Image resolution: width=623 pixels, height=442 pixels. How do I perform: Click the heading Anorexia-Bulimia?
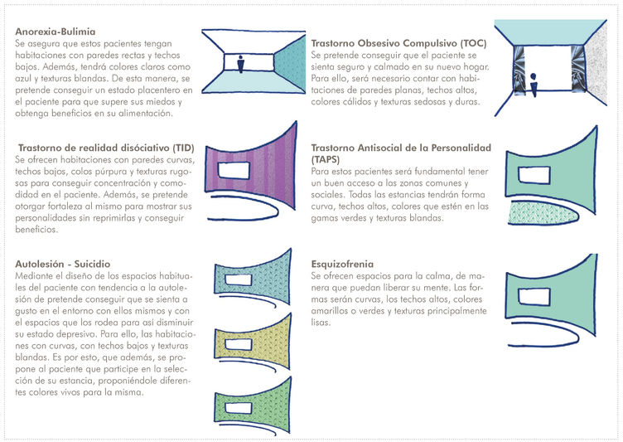56,32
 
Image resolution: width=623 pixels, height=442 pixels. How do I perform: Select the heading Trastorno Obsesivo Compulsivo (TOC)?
399,43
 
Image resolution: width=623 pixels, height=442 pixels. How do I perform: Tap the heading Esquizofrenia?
342,264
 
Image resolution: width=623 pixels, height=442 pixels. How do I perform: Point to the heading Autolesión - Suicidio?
63,264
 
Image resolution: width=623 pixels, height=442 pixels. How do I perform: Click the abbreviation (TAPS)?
326,159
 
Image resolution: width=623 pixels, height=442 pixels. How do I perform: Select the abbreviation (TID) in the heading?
183,148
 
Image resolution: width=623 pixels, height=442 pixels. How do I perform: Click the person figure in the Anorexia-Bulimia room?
240,64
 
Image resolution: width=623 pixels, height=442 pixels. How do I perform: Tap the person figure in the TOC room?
534,85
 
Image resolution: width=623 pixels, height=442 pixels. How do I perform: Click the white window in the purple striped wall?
234,170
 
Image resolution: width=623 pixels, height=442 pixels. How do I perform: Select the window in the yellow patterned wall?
239,344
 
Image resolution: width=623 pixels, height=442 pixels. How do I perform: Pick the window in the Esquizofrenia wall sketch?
534,297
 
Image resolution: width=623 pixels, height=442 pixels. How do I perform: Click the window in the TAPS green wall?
534,175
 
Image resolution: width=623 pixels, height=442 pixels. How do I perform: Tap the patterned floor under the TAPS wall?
543,213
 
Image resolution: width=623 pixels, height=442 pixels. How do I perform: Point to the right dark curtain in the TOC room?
578,69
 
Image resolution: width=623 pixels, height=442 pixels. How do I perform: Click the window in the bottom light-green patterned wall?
239,408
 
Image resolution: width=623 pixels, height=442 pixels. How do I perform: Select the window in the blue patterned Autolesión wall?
239,279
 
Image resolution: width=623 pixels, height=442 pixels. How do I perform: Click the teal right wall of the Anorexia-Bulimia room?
290,65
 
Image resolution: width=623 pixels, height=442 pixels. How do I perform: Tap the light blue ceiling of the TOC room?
550,32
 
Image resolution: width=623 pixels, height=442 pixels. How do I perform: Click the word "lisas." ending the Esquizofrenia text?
321,323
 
